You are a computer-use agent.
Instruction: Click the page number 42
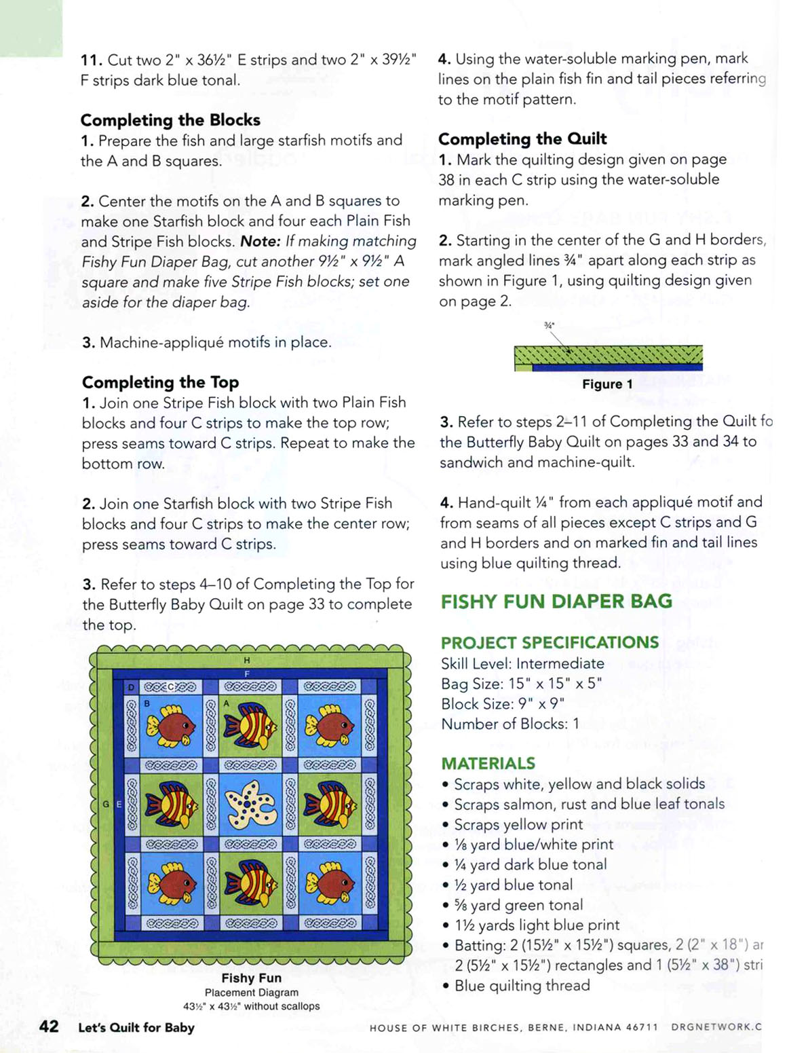[x=49, y=1026]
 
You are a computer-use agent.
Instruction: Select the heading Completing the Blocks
[x=170, y=120]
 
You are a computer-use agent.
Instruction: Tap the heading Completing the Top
[x=160, y=382]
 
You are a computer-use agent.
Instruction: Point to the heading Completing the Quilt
[x=522, y=139]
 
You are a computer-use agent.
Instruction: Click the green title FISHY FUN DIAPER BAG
[x=556, y=602]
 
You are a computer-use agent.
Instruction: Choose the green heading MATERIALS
[x=488, y=763]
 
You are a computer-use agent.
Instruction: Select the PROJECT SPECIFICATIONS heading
[x=550, y=642]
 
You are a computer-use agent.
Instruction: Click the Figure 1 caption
[x=607, y=384]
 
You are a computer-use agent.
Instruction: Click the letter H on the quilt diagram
[x=247, y=660]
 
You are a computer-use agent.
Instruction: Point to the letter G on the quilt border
[x=106, y=805]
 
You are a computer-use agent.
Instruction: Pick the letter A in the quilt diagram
[x=227, y=704]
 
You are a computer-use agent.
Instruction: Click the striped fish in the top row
[x=250, y=724]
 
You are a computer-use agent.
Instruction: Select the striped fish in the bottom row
[x=250, y=884]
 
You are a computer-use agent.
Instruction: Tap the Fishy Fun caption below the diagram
[x=251, y=978]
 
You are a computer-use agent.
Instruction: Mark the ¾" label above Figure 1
[x=550, y=325]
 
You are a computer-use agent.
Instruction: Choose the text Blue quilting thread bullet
[x=522, y=985]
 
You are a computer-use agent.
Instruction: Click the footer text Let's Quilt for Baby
[x=136, y=1027]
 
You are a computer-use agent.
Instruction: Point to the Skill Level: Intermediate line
[x=522, y=663]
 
